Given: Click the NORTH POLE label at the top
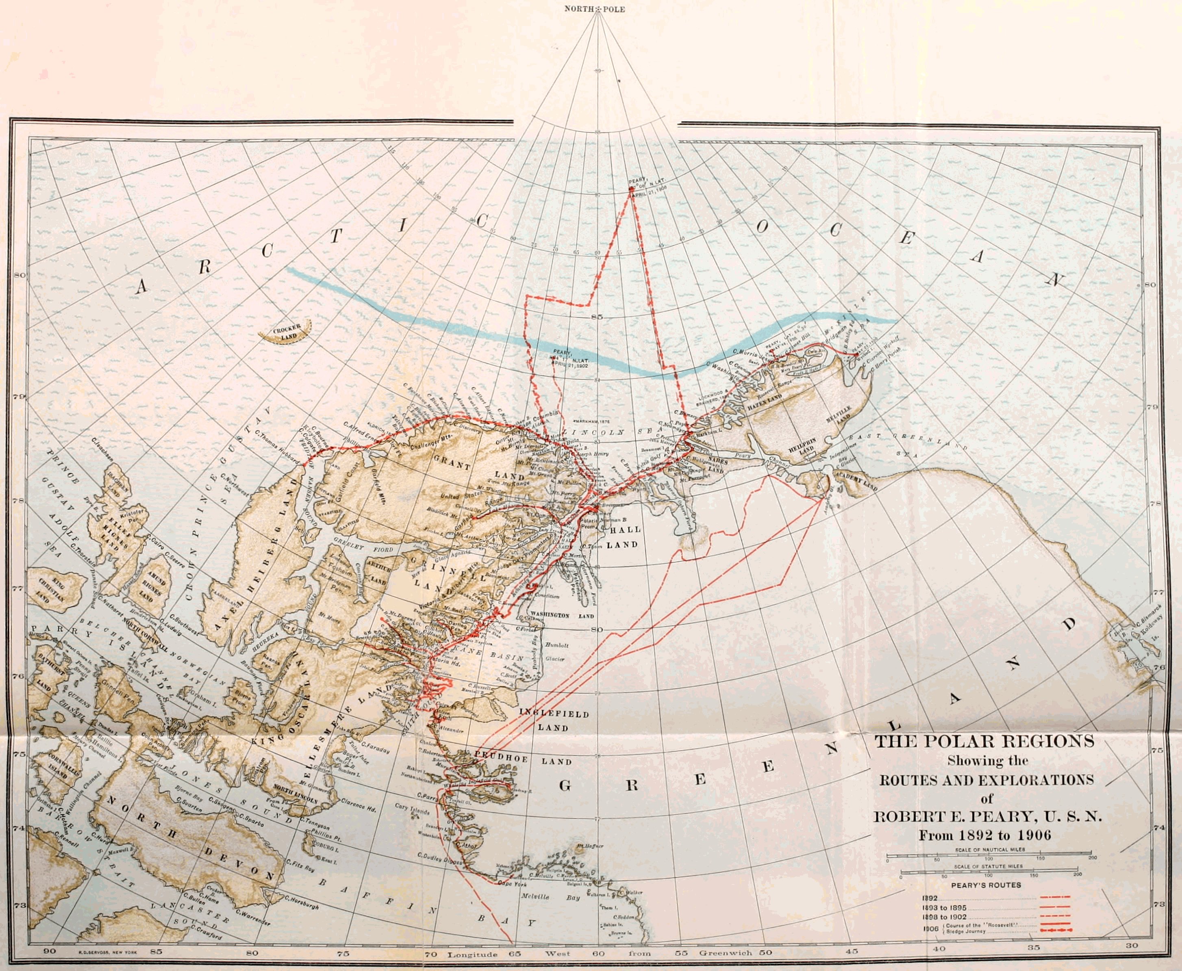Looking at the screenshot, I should point(594,9).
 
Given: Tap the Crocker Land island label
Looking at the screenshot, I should point(287,332).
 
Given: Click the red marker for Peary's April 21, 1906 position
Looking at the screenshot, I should point(631,189).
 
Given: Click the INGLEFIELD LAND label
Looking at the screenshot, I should point(546,721).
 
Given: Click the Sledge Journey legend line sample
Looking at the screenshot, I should point(1054,930).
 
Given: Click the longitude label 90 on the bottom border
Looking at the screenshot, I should point(50,952).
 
